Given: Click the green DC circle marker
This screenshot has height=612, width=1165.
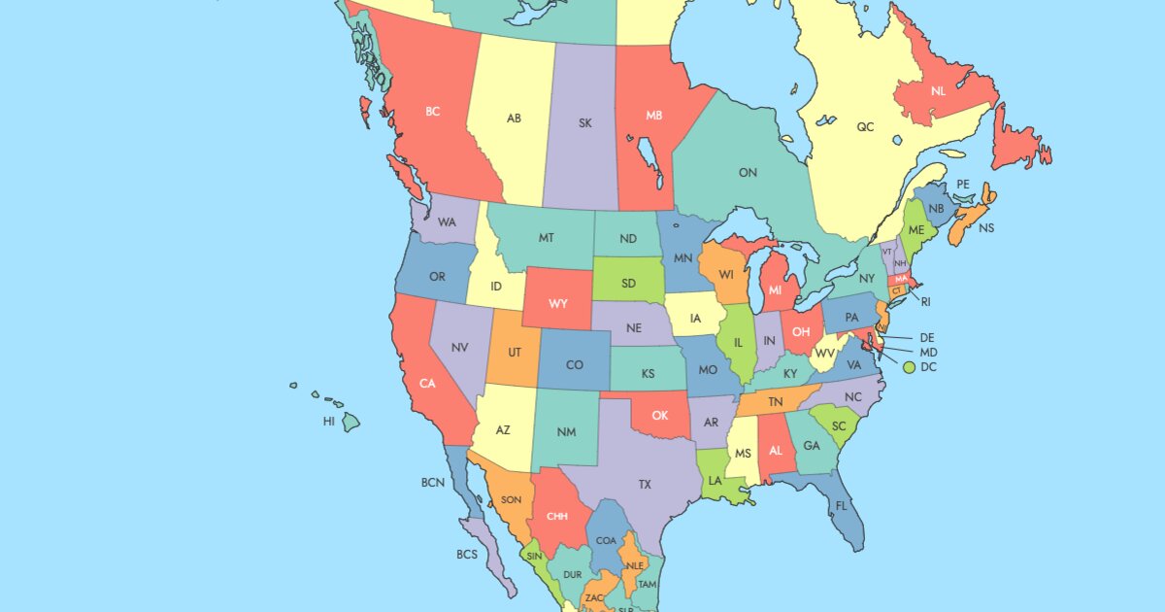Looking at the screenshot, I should (909, 367).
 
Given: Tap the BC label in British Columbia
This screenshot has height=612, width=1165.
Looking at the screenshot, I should (433, 112).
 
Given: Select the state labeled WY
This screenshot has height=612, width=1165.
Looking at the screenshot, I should (557, 303).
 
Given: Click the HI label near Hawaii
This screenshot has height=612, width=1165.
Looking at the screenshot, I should (329, 422).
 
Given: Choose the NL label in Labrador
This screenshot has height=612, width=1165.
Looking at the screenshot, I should (938, 91).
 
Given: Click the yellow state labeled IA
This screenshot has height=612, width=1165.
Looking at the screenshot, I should (695, 319).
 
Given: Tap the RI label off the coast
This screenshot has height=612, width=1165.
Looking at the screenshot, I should (925, 301).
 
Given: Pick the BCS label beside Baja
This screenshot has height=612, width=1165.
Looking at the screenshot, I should (467, 554).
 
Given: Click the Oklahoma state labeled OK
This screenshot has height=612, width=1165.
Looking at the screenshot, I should (659, 416).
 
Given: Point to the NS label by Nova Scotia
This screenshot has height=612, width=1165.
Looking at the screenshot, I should (986, 228).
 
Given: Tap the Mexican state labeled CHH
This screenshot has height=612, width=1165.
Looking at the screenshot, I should (557, 516).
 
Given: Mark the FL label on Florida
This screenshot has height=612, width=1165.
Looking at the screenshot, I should (841, 506).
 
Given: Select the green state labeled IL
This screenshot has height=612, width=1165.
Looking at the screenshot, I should (738, 343).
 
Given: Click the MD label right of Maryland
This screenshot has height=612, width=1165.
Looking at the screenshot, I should (928, 352).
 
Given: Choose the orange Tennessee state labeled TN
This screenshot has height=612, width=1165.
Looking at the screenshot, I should (776, 401).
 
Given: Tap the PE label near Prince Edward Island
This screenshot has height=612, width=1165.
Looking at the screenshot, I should (963, 184).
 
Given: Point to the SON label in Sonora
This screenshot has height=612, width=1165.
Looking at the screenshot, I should (511, 500).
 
